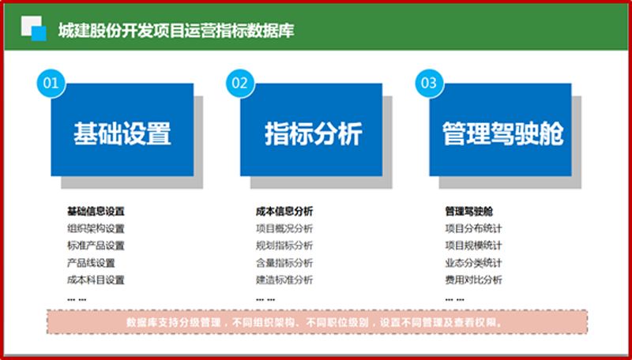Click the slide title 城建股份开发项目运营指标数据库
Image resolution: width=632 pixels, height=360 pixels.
(x=176, y=31)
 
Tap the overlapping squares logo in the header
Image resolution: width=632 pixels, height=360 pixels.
(x=33, y=28)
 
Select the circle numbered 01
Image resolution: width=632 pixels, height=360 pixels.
(x=51, y=84)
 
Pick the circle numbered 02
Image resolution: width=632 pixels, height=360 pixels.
(x=240, y=84)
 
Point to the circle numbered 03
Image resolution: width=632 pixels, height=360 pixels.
(x=429, y=84)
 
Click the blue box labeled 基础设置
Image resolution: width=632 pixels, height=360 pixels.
(x=122, y=129)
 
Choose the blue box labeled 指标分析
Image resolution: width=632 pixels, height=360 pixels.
(x=311, y=129)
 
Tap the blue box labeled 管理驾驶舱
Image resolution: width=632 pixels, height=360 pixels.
(x=500, y=129)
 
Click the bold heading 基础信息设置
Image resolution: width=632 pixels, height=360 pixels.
(x=96, y=212)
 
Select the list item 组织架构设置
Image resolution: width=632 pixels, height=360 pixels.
(x=96, y=229)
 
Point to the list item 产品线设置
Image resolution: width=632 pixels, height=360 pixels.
(x=91, y=263)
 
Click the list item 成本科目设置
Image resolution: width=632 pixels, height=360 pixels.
(x=96, y=279)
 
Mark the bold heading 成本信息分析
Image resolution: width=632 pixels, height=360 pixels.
(x=284, y=212)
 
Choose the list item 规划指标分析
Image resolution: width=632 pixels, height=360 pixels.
(x=284, y=246)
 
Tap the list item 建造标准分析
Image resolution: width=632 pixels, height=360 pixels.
(x=284, y=279)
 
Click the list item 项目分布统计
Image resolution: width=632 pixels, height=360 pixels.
(x=473, y=229)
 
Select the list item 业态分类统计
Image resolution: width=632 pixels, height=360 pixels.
(x=473, y=263)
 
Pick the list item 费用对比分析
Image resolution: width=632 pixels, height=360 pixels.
(x=473, y=279)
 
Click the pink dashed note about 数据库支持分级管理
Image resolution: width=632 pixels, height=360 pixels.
(x=317, y=322)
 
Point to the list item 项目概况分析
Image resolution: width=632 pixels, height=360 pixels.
(x=284, y=229)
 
